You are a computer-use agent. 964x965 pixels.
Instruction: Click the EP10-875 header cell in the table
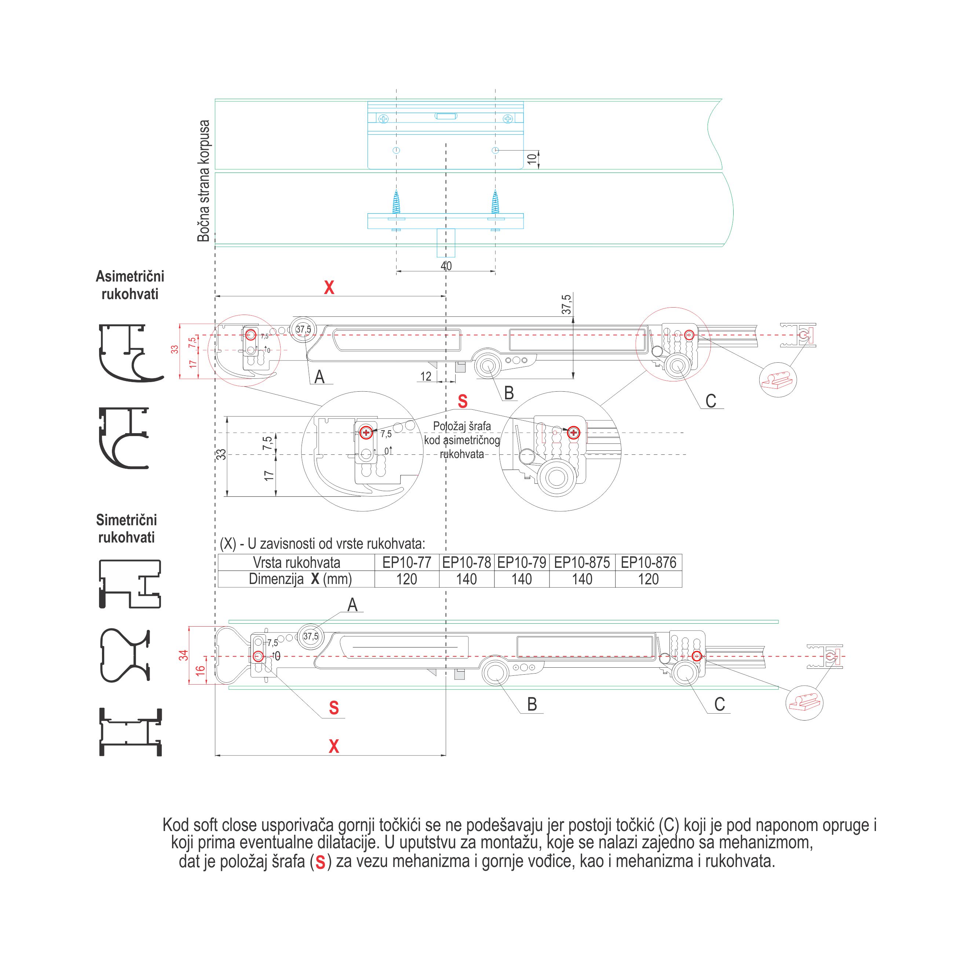(x=582, y=562)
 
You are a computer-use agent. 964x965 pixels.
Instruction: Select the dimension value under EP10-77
(x=406, y=579)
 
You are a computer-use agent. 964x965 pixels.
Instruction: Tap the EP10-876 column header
(x=648, y=562)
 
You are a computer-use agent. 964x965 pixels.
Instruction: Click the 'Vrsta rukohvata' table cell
(x=296, y=562)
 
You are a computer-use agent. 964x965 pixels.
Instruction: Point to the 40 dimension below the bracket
(x=446, y=266)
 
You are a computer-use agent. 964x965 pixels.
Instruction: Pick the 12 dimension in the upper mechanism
(x=426, y=376)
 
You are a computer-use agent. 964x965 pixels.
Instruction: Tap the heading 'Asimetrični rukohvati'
(x=130, y=285)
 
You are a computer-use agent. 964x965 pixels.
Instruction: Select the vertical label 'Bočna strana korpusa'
(x=204, y=181)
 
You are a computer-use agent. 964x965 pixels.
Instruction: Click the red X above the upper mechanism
(x=329, y=288)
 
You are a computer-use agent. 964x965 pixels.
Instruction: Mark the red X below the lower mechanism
(x=334, y=746)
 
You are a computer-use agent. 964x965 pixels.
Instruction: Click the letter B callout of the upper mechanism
(x=509, y=393)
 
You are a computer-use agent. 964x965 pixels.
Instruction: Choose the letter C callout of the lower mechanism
(x=719, y=704)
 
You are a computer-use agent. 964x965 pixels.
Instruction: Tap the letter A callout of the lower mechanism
(x=353, y=605)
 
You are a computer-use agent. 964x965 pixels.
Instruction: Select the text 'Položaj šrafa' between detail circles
(x=462, y=427)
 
